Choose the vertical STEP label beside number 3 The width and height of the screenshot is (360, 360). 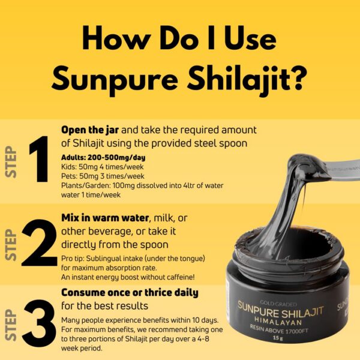pos(10,327)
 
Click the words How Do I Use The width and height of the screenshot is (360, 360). pos(179,38)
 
